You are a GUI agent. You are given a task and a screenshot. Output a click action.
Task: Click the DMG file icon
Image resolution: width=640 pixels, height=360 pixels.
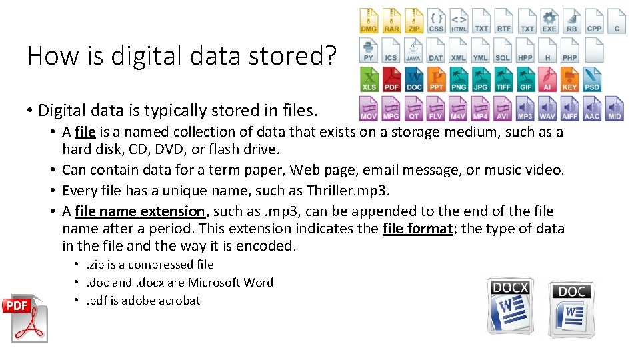369,21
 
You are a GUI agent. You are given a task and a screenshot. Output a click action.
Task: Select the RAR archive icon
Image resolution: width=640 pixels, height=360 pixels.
391,21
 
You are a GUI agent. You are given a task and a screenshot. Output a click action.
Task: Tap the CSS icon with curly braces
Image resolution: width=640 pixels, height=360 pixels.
436,21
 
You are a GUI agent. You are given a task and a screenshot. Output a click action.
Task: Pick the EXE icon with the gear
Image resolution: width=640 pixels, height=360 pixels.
549,21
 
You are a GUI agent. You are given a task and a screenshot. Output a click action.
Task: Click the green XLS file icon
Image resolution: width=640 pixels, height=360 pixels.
369,79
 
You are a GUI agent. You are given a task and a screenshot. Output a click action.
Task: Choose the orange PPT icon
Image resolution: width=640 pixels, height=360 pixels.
436,79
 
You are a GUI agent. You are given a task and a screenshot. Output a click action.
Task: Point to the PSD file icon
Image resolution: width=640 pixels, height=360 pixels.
592,79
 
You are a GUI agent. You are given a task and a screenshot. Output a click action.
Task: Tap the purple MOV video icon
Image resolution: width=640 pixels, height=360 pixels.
369,108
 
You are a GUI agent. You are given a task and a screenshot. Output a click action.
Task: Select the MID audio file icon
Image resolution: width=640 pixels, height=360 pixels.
615,108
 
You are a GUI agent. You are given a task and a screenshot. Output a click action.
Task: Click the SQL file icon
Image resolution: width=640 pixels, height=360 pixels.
503,50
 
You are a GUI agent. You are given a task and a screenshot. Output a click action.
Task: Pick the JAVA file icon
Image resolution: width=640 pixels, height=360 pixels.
413,50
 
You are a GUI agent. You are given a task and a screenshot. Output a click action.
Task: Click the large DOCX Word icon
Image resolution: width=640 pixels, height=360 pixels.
510,305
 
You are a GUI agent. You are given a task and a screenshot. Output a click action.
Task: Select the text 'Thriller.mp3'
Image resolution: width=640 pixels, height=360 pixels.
347,191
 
